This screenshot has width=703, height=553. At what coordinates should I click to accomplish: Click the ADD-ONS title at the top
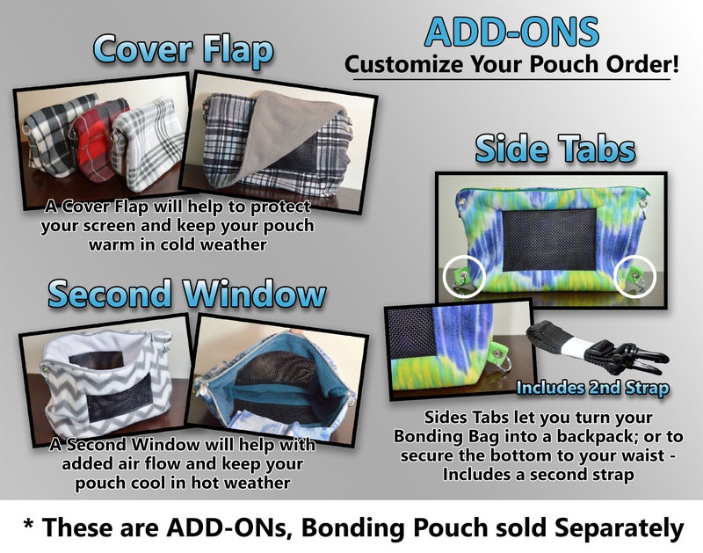click(x=511, y=32)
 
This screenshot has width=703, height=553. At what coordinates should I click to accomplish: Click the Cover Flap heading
click(x=183, y=50)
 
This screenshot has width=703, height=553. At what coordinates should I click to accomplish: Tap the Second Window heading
click(x=186, y=294)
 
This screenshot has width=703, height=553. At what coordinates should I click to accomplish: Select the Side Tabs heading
click(x=555, y=149)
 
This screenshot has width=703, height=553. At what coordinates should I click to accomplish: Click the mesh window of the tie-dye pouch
click(x=550, y=239)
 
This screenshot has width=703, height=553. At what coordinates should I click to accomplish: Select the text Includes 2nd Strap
click(x=592, y=388)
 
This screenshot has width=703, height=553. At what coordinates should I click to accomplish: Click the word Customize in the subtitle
click(x=403, y=64)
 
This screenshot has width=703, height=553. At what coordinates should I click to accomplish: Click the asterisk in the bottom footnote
click(x=29, y=524)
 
